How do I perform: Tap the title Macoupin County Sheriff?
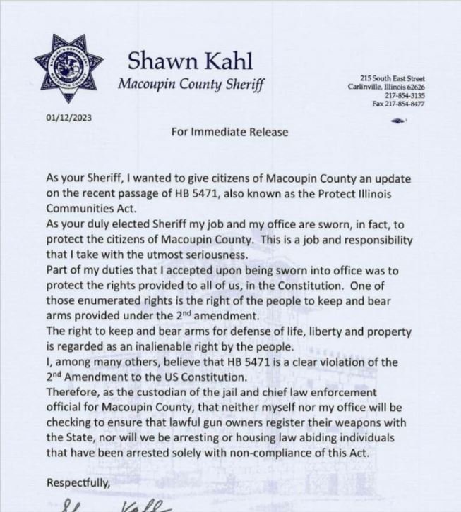pos(191,86)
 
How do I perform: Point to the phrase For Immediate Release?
pos(229,131)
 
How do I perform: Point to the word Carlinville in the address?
pos(368,87)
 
